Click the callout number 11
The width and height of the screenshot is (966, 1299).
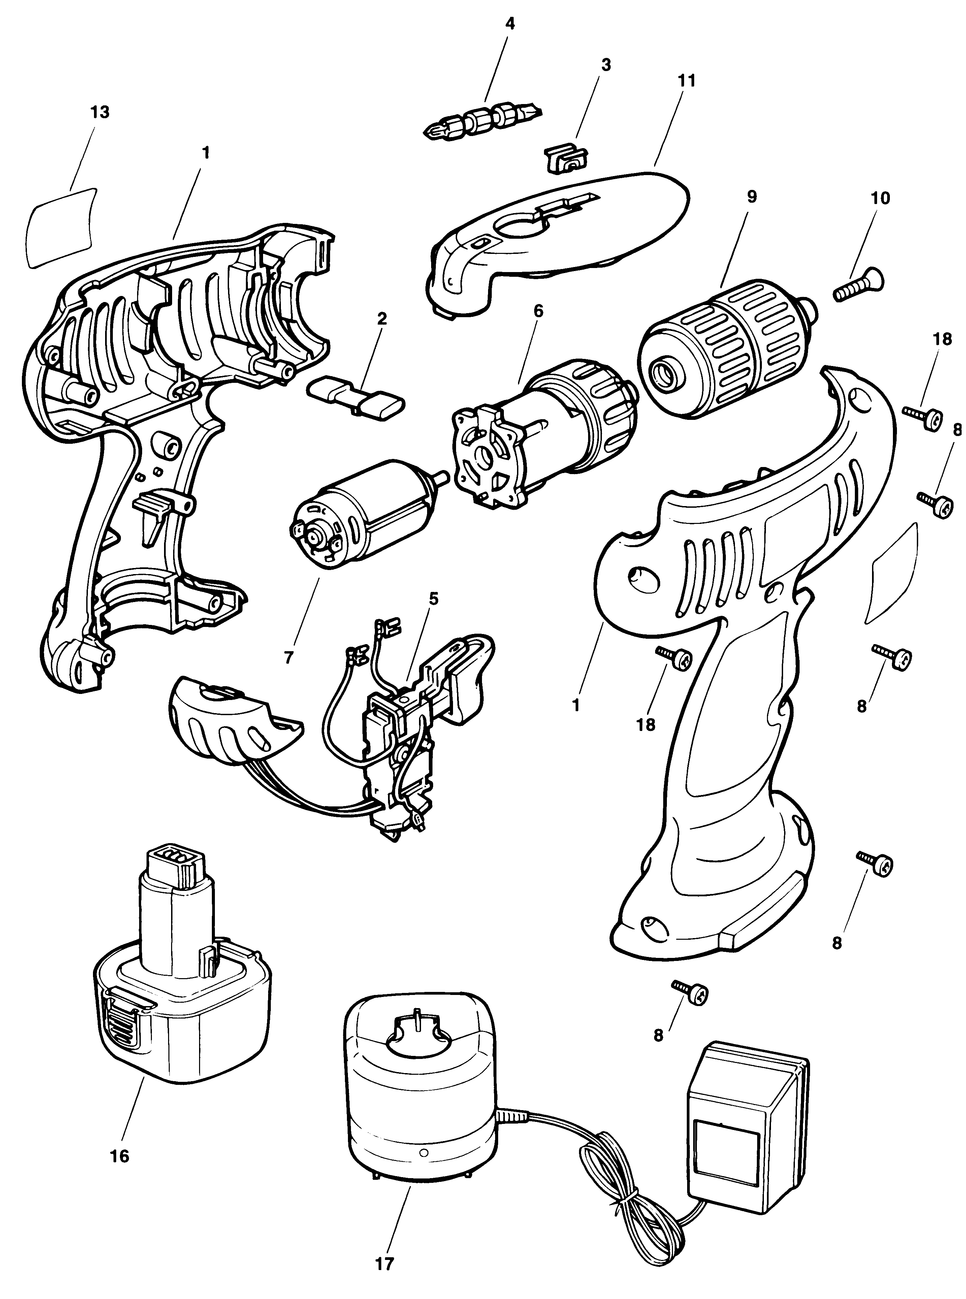pyautogui.click(x=687, y=81)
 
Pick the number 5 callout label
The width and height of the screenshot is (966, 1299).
pyautogui.click(x=433, y=599)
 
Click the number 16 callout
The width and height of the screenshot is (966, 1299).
pyautogui.click(x=119, y=1156)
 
